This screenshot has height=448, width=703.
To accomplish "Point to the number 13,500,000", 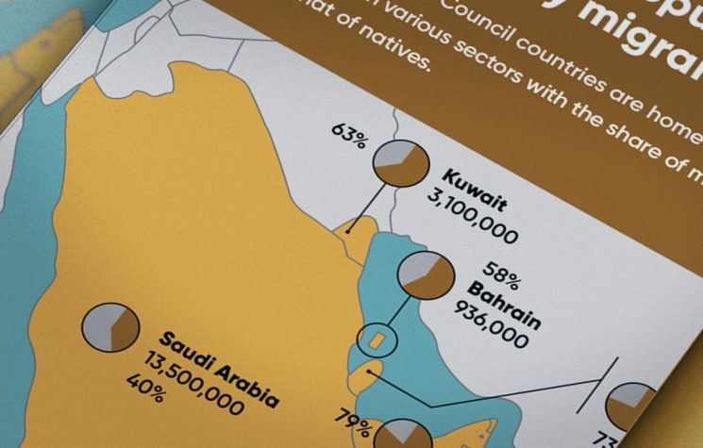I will coord(193,381).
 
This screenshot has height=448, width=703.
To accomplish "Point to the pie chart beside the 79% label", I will coord(402,436).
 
